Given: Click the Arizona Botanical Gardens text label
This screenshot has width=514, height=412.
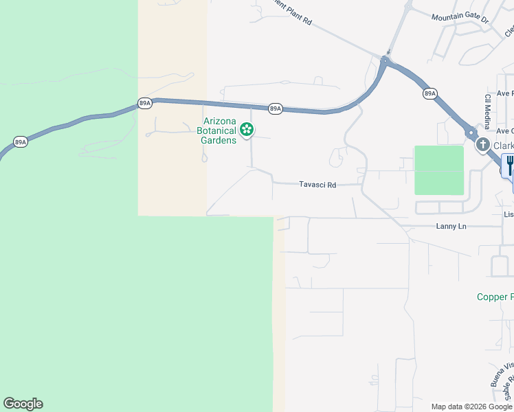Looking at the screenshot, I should (216, 130).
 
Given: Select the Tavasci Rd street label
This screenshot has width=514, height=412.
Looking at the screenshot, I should (317, 185).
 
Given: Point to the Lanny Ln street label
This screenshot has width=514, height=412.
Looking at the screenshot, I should (451, 226).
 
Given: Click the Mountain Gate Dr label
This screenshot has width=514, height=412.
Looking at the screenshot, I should (460, 19).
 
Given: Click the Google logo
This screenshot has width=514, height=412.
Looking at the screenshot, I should (23, 404).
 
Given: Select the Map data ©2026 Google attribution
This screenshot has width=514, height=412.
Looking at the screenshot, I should (471, 407).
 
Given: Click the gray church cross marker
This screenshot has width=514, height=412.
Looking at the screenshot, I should (483, 145).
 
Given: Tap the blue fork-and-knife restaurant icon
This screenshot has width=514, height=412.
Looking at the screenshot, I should (510, 165).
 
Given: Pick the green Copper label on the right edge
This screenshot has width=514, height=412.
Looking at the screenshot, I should (495, 297).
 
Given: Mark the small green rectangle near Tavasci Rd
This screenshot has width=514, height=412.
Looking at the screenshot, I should (439, 170).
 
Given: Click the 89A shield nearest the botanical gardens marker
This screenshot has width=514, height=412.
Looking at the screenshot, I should (275, 108).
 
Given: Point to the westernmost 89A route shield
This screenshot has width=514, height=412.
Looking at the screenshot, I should (21, 142).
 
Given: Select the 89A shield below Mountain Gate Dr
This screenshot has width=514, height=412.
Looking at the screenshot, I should (430, 93).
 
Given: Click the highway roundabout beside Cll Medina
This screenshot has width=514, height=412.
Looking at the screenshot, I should (471, 133).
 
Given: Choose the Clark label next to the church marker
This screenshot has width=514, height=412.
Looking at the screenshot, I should (503, 146).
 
